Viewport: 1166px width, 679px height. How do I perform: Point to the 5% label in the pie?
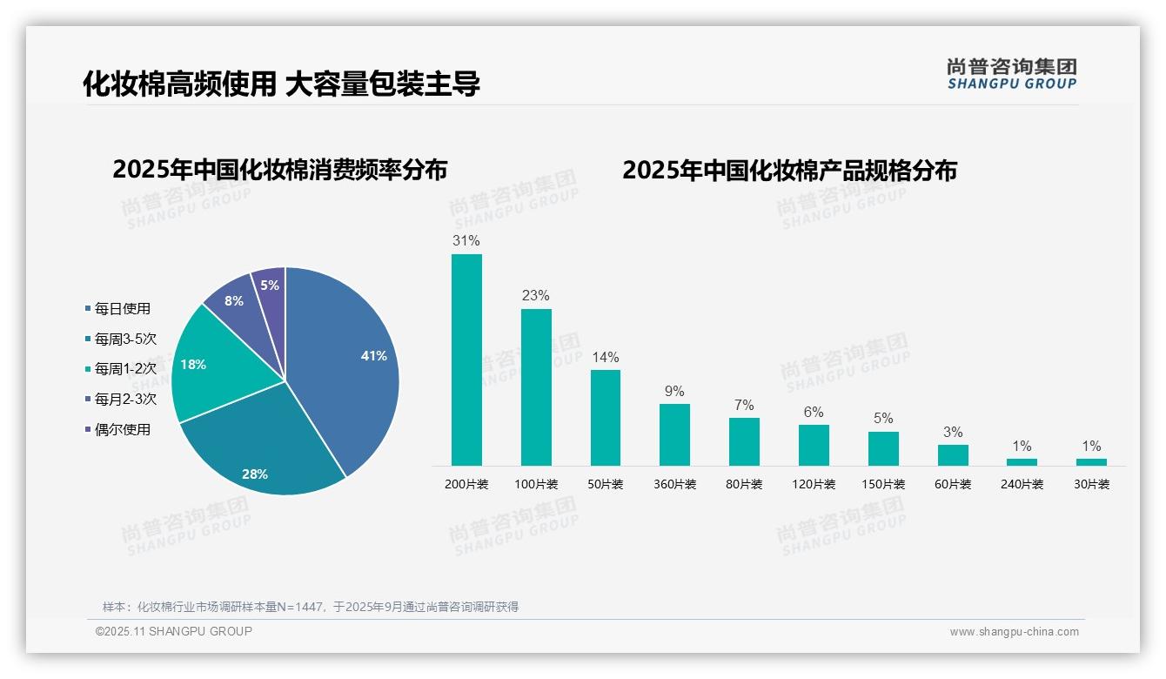point(270,285)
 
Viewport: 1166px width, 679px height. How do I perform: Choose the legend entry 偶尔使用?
point(122,429)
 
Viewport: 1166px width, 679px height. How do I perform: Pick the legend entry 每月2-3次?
point(125,399)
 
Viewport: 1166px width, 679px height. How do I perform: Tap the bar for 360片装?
point(674,434)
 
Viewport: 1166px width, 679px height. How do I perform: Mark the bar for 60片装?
point(953,455)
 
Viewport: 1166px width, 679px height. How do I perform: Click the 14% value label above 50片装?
point(605,357)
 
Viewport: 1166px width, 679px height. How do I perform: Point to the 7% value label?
point(744,405)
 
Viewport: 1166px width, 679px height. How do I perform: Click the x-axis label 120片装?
point(814,484)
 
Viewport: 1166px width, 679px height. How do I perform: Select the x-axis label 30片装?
point(1091,484)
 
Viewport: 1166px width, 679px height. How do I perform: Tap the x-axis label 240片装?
point(1022,484)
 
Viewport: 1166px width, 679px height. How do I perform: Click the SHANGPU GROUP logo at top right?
point(1011,74)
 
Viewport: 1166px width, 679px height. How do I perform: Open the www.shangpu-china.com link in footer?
point(1014,631)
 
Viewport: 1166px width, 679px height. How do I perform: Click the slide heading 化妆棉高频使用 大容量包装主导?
point(281,84)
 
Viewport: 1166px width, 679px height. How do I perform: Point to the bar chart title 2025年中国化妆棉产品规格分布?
point(789,171)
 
